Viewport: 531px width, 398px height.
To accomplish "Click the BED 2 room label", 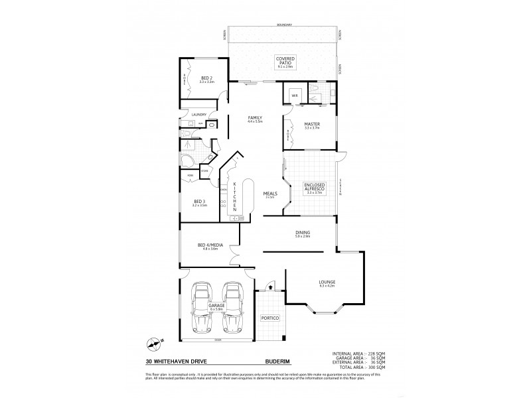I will pos(201,78).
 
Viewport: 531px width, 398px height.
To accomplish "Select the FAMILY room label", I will pos(256,117).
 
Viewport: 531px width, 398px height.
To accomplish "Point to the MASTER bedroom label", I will pos(312,124).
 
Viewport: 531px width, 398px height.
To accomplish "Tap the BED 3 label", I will pos(199,202).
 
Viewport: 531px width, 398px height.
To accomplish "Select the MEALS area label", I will pos(270,194).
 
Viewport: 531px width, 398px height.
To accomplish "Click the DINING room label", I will pos(303,233).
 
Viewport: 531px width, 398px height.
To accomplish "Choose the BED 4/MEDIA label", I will pos(209,245).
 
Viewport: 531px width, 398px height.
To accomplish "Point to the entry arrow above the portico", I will pos(268,287).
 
